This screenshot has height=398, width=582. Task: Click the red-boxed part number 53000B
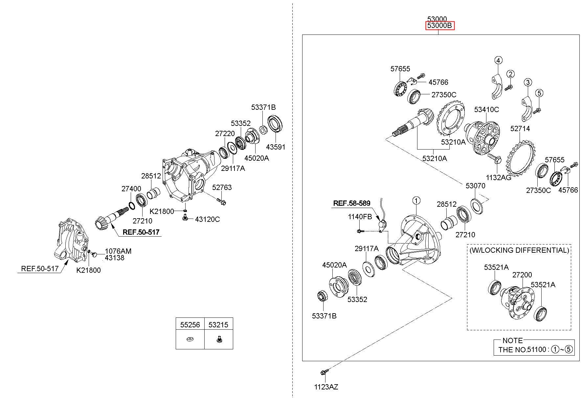coord(440,26)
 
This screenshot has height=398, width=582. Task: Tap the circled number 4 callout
coord(498,60)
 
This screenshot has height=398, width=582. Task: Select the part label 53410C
coord(486,109)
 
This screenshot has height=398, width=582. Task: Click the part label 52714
coord(520,129)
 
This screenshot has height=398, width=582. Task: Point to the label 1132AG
coord(499,177)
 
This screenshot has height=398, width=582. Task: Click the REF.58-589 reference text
coord(352,203)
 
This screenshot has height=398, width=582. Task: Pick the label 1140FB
coord(360,217)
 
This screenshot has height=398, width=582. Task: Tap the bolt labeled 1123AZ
coord(323,372)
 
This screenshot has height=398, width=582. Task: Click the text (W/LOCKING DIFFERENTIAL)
coord(519,250)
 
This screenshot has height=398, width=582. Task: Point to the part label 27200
coord(522,275)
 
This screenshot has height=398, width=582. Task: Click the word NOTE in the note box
coord(513,340)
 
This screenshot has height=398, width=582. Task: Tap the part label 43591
coord(276,147)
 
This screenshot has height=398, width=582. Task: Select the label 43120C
coord(207,219)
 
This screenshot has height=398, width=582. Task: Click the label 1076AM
coord(118,251)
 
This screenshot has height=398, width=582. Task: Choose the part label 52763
coord(222,187)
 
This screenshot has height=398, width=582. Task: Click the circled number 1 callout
coord(416,200)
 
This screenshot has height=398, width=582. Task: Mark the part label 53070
coord(475,186)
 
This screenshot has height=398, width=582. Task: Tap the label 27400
coord(131,189)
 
